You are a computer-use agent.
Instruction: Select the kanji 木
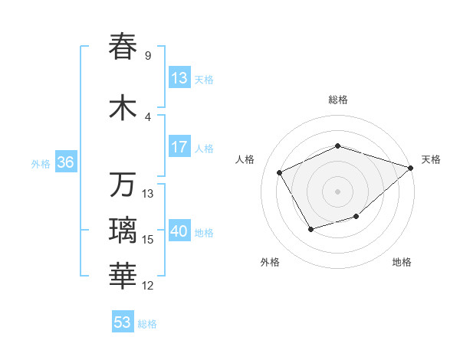tap(123, 107)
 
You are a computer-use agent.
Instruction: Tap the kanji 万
tap(123, 185)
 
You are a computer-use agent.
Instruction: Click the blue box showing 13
tap(179, 78)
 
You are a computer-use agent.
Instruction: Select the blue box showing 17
tap(179, 147)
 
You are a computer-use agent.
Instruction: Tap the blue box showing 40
tap(179, 231)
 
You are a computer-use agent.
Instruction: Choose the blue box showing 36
tap(64, 162)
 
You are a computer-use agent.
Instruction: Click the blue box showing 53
tap(123, 322)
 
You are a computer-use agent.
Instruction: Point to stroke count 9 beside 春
tap(147, 56)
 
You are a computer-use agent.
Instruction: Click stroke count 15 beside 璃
tap(149, 240)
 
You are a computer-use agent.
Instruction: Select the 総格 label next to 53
tap(147, 324)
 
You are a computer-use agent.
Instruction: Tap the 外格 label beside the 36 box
tap(41, 164)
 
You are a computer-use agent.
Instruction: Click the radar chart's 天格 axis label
tap(431, 159)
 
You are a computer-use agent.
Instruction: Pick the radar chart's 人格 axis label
tap(245, 159)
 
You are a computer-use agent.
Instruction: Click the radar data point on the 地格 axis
tap(356, 217)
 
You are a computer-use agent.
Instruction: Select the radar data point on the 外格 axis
tap(310, 229)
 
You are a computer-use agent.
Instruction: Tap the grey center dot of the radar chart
tap(337, 191)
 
